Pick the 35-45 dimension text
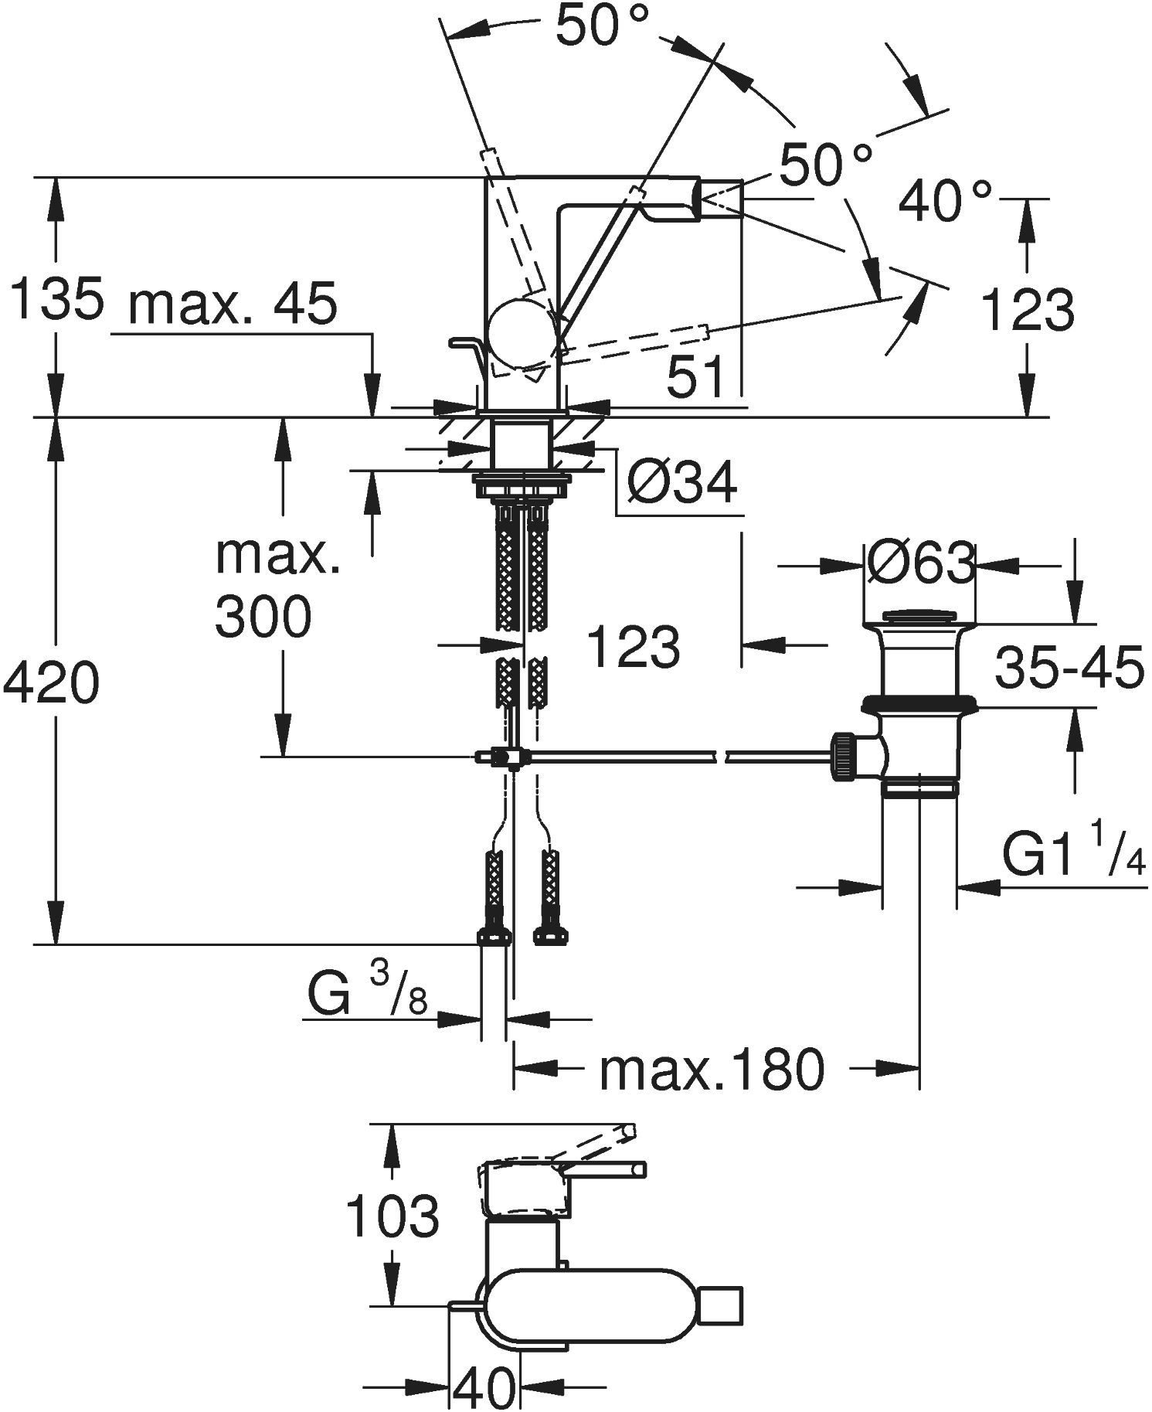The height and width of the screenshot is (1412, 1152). pyautogui.click(x=1069, y=669)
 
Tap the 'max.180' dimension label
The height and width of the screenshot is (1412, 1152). pyautogui.click(x=712, y=1070)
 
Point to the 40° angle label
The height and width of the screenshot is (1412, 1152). pyautogui.click(x=944, y=199)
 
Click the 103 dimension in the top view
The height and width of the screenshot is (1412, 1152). pyautogui.click(x=392, y=1215)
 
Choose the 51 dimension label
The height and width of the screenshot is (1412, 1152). pyautogui.click(x=696, y=377)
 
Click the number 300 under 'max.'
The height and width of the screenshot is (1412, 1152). pyautogui.click(x=263, y=617)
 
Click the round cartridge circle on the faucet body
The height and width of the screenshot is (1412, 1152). pyautogui.click(x=521, y=328)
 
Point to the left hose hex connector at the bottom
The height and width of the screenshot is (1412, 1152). pyautogui.click(x=494, y=936)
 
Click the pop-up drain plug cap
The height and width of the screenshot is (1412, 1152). pyautogui.click(x=919, y=616)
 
